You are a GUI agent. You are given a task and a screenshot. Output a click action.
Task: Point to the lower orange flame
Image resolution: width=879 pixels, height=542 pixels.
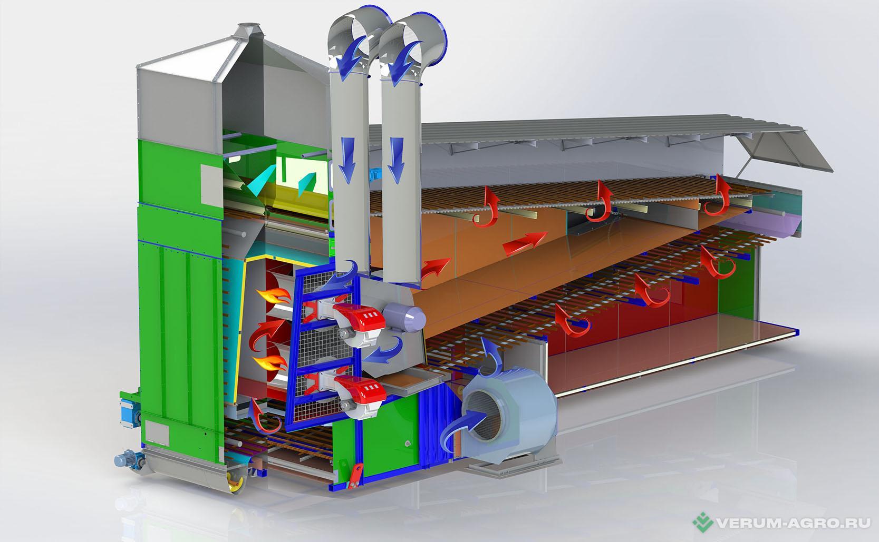point(271,363)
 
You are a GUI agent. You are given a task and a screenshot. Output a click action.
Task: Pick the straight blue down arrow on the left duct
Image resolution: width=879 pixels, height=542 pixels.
point(347,160)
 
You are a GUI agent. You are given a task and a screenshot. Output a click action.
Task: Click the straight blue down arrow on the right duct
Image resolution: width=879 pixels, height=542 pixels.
point(397,160)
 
